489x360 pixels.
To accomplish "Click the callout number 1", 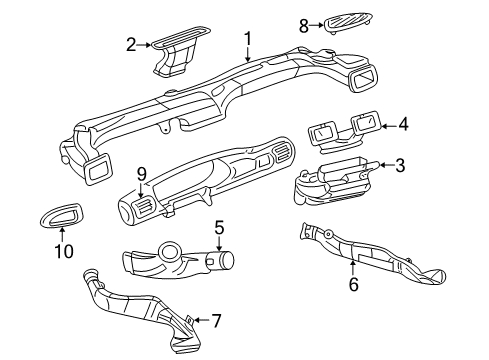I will pyautogui.click(x=246, y=39).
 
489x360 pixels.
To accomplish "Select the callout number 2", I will pyautogui.click(x=130, y=43).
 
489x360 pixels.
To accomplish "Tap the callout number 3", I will pyautogui.click(x=398, y=164).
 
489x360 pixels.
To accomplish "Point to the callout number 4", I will pyautogui.click(x=403, y=125).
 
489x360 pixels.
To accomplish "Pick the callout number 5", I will pyautogui.click(x=219, y=230).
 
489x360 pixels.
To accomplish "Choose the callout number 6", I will pyautogui.click(x=352, y=285).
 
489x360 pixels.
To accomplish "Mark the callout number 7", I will pyautogui.click(x=216, y=321).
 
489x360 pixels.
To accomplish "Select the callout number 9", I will pyautogui.click(x=142, y=175).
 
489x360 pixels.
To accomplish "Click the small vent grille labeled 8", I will pyautogui.click(x=347, y=19).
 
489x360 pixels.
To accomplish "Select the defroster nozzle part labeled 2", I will pyautogui.click(x=176, y=52).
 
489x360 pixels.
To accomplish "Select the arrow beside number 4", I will pyautogui.click(x=389, y=125).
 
